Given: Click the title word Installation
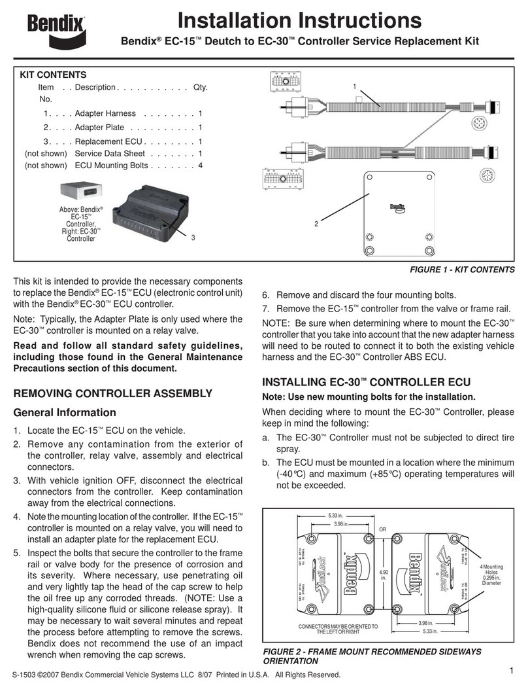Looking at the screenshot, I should tap(233, 21).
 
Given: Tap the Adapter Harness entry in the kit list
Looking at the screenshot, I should tap(105, 113).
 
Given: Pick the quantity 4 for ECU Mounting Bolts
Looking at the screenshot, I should tap(201, 166).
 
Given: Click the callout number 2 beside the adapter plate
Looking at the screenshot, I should tap(316, 224).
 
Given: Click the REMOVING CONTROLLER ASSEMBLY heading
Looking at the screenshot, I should tap(113, 393).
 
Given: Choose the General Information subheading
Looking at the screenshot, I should tap(65, 413).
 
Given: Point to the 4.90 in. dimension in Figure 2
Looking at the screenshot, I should tap(382, 575).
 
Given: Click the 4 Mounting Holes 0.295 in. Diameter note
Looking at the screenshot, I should tap(490, 575).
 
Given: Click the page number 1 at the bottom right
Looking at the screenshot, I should tap(512, 669).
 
